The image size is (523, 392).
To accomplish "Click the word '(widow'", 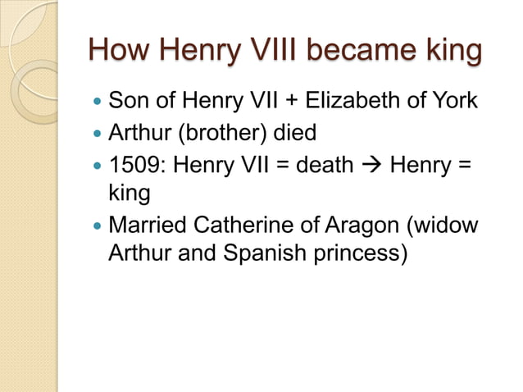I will coord(446,223).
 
